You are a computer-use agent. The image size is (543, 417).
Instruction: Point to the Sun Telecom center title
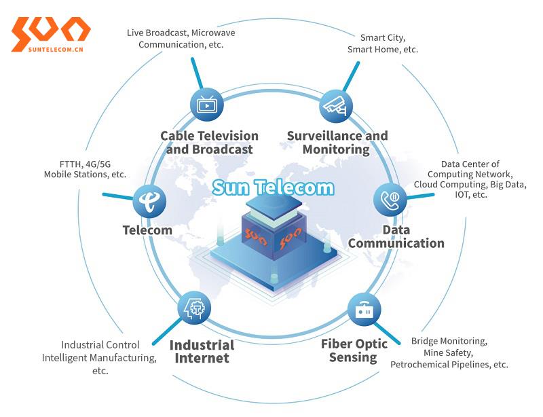point(273,187)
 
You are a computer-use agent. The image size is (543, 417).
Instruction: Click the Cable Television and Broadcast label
point(209,143)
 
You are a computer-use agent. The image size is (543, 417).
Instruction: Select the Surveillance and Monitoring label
point(337,143)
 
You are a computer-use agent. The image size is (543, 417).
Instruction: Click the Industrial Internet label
point(202,352)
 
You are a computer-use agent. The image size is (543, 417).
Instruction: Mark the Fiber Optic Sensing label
point(354,350)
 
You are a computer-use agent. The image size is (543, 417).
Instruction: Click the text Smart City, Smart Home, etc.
point(382,43)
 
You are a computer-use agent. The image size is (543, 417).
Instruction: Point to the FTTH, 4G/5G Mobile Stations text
point(85,169)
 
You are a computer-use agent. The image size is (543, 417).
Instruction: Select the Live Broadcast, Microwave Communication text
point(181,38)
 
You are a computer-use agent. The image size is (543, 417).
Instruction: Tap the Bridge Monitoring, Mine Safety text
point(449,352)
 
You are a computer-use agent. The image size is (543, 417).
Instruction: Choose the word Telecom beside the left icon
point(147,230)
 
